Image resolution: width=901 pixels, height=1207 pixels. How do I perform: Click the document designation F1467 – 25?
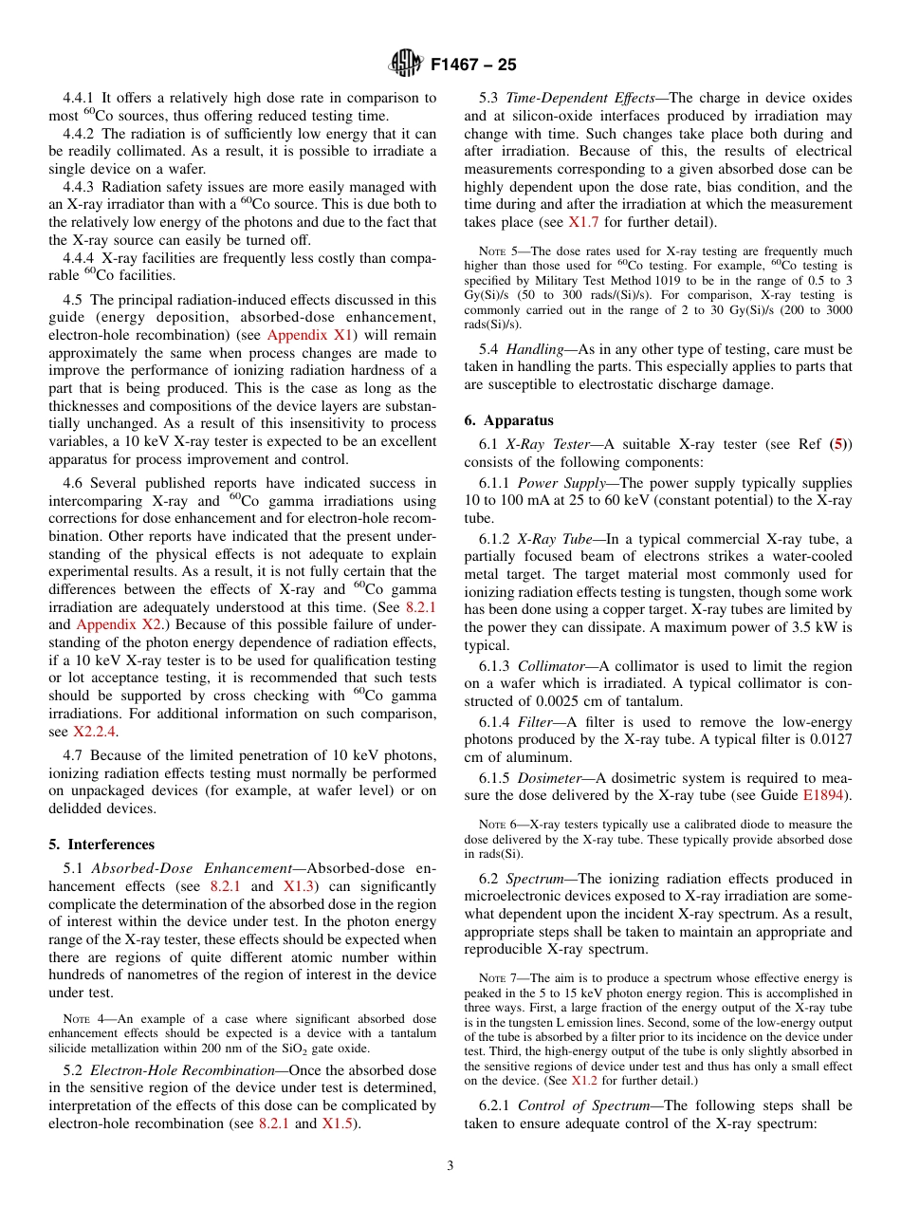473,65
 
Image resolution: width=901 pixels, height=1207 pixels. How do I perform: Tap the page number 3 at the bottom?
450,1166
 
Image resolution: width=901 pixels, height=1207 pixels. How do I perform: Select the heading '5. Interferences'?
101,845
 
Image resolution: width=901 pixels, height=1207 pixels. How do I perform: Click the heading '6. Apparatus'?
508,420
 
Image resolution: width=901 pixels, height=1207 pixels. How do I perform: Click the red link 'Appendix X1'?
310,335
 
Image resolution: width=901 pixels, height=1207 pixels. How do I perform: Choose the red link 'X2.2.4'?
96,732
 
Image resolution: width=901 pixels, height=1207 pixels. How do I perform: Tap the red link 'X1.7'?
583,222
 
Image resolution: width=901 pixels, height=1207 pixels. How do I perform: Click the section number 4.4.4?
79,257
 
